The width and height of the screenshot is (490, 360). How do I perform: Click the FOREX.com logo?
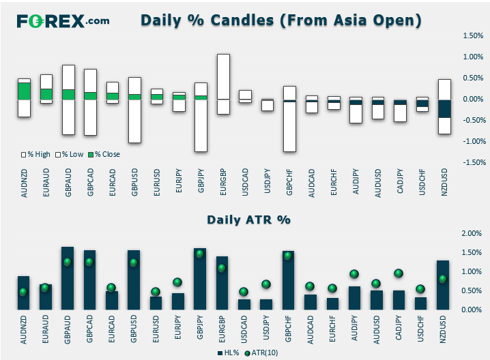click(63, 21)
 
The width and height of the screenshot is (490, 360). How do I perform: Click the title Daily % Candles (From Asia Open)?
click(281, 20)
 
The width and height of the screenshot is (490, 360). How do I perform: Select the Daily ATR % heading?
click(248, 220)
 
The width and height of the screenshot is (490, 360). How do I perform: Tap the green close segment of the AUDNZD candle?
click(24, 91)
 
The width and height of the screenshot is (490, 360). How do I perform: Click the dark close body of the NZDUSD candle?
click(444, 108)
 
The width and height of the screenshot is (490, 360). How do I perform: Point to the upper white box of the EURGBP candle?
click(223, 77)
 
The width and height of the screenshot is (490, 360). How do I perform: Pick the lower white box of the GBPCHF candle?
click(289, 127)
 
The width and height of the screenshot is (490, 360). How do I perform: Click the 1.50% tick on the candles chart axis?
click(473, 35)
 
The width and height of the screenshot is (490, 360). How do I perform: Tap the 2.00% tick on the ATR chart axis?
click(472, 233)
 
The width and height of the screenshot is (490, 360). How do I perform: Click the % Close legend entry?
click(104, 154)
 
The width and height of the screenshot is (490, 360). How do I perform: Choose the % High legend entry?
click(35, 154)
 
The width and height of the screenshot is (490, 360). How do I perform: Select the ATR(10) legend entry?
click(261, 352)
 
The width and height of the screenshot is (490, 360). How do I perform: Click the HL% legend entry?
click(229, 352)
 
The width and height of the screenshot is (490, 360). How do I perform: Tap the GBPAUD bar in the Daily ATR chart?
click(68, 278)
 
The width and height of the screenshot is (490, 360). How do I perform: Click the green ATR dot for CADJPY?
click(399, 273)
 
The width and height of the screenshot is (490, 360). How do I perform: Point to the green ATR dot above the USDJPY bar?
click(266, 284)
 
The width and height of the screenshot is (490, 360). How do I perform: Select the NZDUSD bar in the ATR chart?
click(442, 285)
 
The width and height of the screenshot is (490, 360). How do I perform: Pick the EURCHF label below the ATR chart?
click(332, 329)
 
